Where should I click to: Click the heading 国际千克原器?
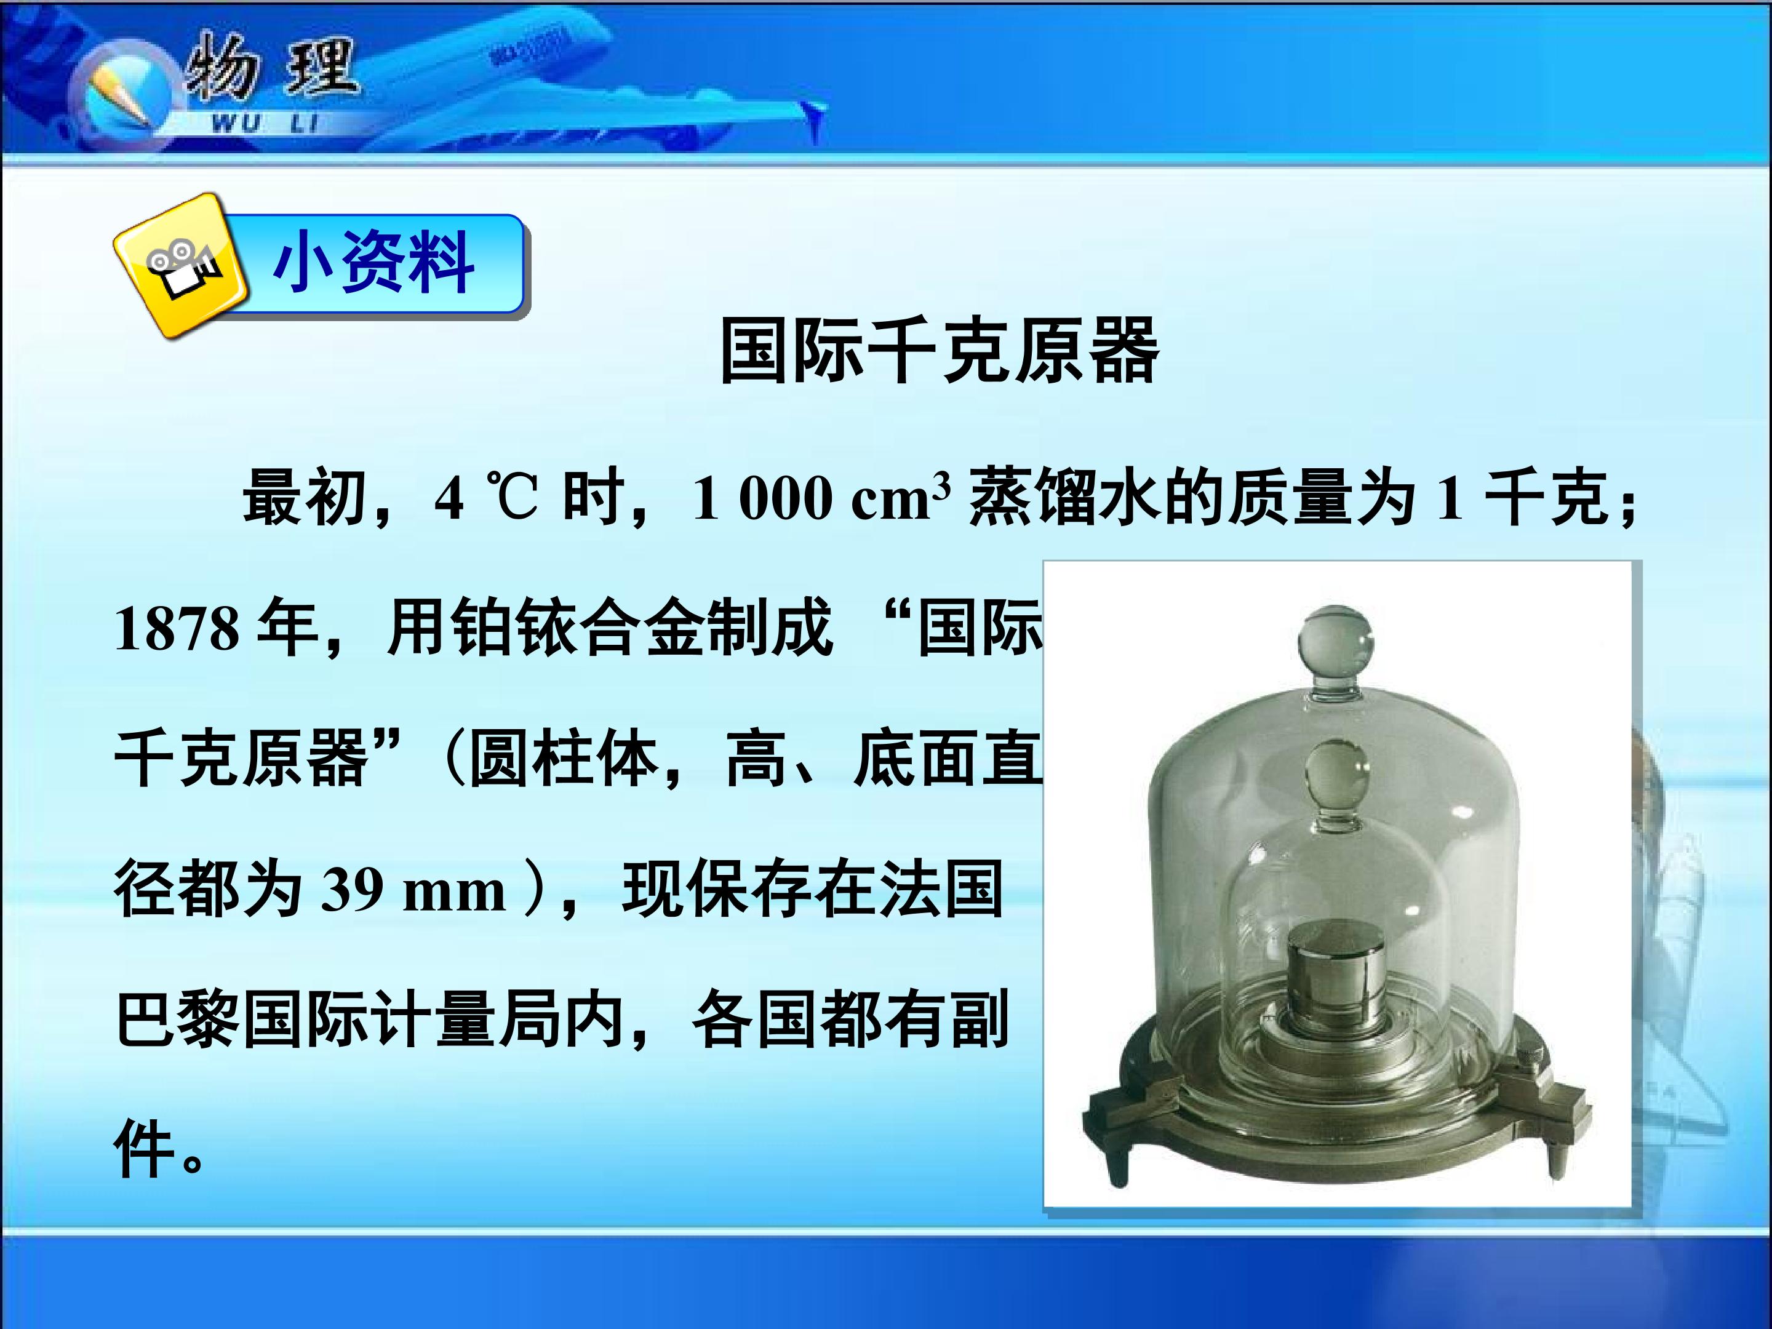(939, 351)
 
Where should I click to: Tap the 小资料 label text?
(373, 263)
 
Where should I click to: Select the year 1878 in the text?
(176, 629)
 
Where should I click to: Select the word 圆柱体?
(564, 759)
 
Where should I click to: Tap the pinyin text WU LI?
(265, 124)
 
